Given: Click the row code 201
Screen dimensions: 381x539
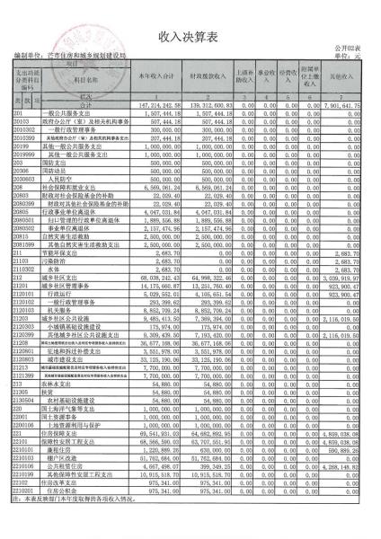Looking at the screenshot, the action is (17, 113).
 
